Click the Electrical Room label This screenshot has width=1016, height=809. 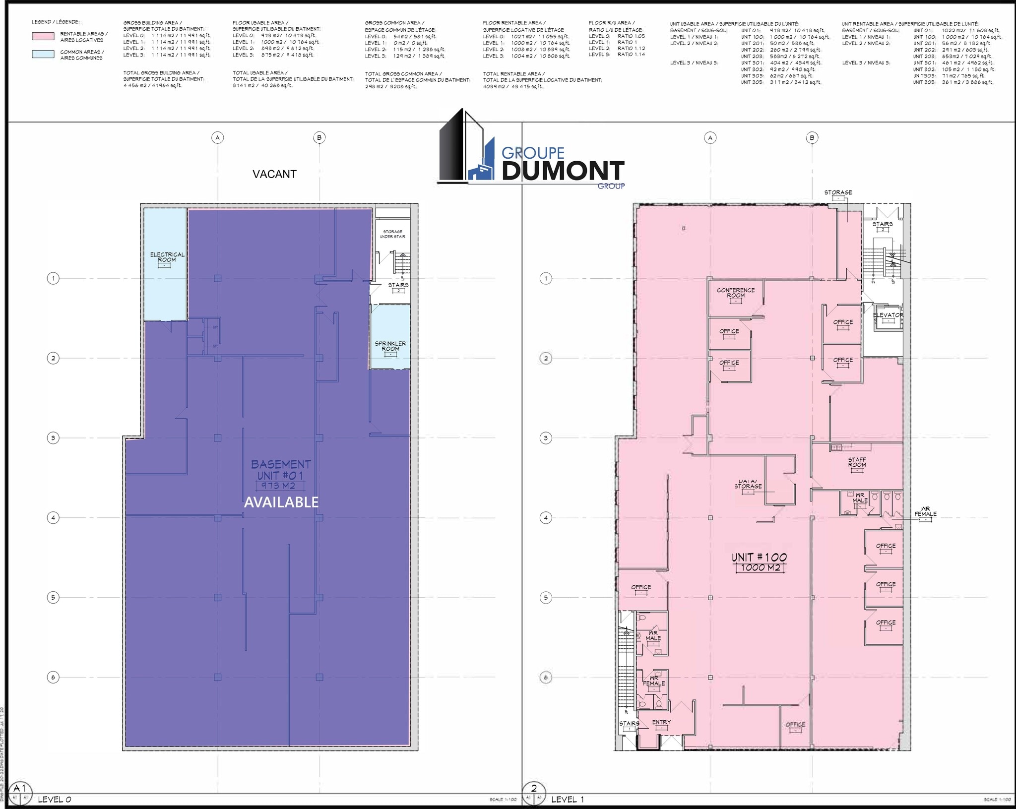point(167,257)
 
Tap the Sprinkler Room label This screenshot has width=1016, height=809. point(390,346)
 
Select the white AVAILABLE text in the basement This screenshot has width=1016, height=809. point(281,502)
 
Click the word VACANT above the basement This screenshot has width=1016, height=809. point(274,174)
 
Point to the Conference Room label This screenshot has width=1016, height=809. point(736,293)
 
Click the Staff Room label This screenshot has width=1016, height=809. point(857,462)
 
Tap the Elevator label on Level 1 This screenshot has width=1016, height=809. point(888,315)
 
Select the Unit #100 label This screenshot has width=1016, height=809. point(759,558)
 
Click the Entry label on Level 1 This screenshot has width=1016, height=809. point(661,722)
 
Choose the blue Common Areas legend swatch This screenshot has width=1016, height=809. point(43,55)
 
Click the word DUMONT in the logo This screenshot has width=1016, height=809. point(563,171)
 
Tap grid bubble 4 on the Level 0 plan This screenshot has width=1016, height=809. point(53,518)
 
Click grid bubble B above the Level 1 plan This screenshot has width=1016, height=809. point(812,137)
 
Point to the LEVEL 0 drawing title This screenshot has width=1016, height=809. point(55,799)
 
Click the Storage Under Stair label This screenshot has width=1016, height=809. point(392,234)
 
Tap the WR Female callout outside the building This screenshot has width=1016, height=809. point(925,511)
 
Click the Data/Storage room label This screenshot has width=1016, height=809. point(748,484)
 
